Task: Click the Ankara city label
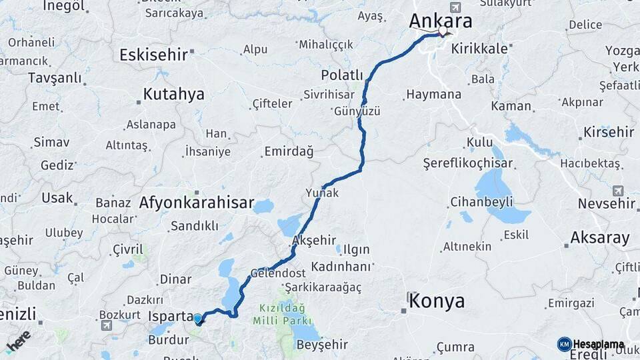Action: (x=440, y=21)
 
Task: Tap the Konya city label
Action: (x=437, y=301)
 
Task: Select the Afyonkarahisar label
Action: (x=197, y=203)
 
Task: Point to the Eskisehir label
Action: (x=153, y=55)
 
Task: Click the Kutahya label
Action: (x=173, y=94)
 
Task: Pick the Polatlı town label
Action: (x=342, y=75)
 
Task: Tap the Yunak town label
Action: (x=322, y=193)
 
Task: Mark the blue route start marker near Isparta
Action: (x=198, y=318)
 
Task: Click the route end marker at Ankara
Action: (x=443, y=31)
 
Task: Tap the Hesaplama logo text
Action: (x=598, y=345)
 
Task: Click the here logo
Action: (x=18, y=340)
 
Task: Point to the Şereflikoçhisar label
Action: (x=468, y=163)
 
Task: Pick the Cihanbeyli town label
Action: (x=481, y=201)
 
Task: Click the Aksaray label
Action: (x=600, y=237)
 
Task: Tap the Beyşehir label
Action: (x=322, y=345)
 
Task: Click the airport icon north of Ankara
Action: (x=455, y=7)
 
